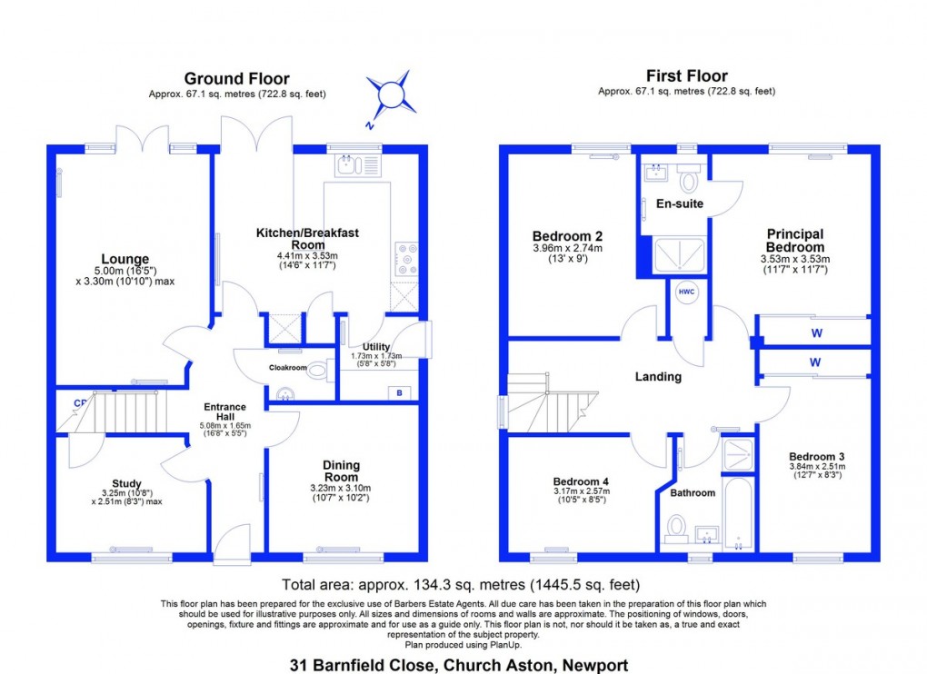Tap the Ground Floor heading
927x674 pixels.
237,77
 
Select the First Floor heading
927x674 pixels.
686,76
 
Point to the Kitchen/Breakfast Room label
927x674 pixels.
307,239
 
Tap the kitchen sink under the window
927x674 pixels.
349,164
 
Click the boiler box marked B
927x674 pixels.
398,392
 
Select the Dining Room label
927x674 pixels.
341,471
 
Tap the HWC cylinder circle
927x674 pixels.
684,293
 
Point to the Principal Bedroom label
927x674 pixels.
795,241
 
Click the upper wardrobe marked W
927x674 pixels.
816,332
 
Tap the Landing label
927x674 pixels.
658,377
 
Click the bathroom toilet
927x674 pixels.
676,526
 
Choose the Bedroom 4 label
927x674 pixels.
580,481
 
